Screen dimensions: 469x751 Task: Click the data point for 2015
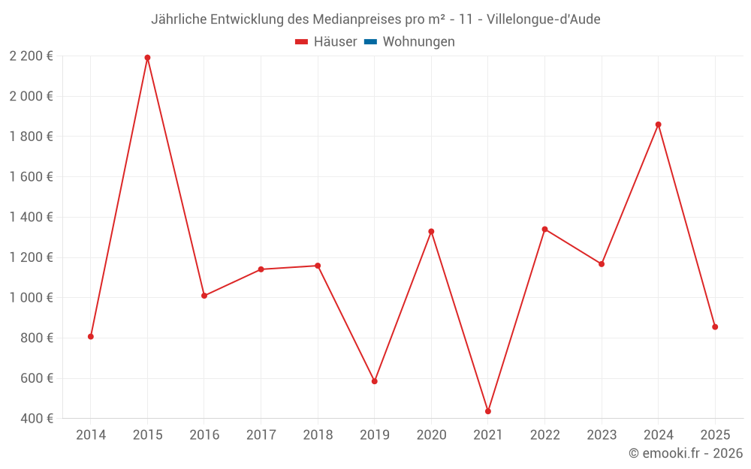tap(147, 58)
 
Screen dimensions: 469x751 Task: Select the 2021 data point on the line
tap(488, 411)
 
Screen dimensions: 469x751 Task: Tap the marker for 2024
tap(658, 125)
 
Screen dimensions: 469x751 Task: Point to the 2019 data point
tap(375, 381)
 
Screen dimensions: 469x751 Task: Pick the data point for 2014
tap(91, 336)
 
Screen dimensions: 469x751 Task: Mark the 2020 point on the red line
tap(431, 231)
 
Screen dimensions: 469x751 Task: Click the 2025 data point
tap(715, 327)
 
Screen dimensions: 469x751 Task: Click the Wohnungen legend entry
tap(418, 42)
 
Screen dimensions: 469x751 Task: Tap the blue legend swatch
tap(370, 42)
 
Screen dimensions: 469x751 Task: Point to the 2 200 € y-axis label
tap(32, 56)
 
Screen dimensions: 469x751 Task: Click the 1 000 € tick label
tap(32, 298)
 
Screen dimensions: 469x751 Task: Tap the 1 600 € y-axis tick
tap(32, 177)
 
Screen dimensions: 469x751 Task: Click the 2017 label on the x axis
tap(261, 435)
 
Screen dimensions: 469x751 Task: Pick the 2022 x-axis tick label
tap(544, 435)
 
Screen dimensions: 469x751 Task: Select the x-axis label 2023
tap(602, 435)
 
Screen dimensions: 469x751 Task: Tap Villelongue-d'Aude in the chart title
tap(543, 20)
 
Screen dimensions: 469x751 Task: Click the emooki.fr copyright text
tap(686, 453)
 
